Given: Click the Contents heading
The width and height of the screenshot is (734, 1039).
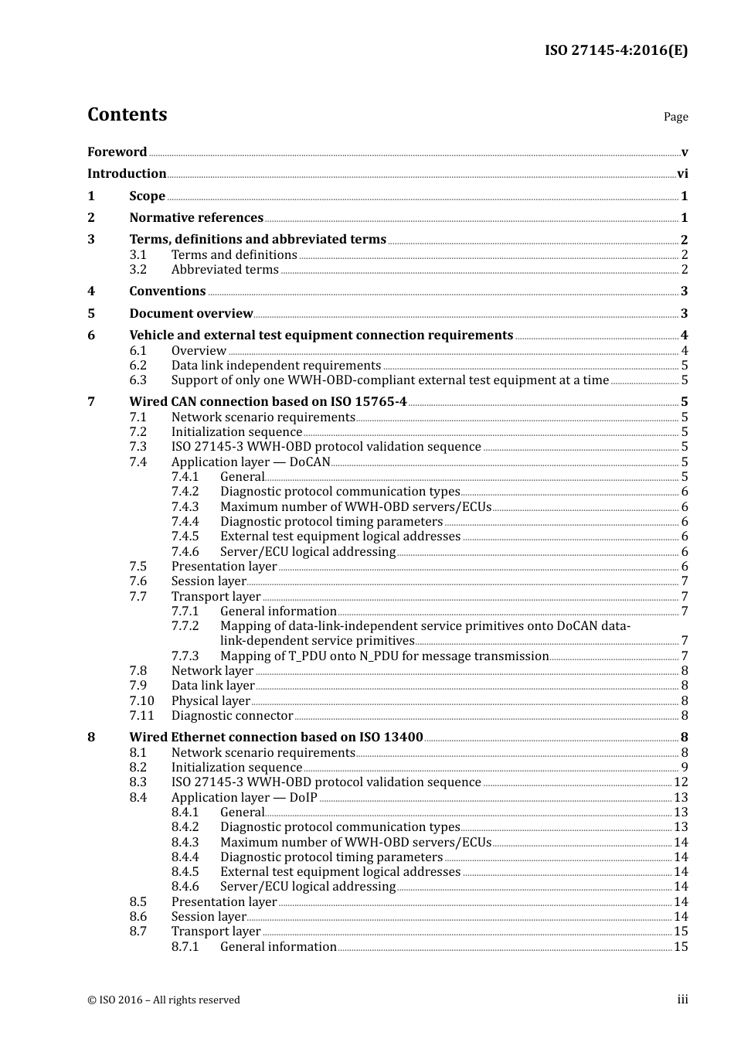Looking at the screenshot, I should [x=127, y=114].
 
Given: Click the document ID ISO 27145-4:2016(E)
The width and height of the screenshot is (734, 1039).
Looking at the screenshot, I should [x=616, y=50].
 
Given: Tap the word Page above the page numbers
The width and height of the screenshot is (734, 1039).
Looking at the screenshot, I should [x=675, y=117].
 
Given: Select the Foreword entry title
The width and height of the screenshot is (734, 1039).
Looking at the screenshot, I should [x=117, y=152].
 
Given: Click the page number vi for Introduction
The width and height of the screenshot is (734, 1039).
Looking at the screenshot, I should [x=682, y=174].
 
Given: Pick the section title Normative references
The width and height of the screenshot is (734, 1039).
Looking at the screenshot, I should [x=196, y=218].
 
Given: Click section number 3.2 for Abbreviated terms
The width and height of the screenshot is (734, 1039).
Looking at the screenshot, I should [x=138, y=270].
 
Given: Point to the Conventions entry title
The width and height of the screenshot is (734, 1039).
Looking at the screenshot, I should [x=167, y=291].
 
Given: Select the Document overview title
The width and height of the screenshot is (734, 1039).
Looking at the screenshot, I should [x=191, y=314].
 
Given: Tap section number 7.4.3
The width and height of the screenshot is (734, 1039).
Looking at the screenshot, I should [x=185, y=507].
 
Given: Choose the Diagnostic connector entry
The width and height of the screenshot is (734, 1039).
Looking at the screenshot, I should [x=232, y=716].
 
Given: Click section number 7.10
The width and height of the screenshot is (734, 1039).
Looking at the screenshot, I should [x=141, y=701].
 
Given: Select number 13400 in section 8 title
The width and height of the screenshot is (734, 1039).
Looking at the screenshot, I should [x=403, y=738].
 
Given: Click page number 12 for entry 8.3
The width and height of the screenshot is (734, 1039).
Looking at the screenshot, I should [x=681, y=782].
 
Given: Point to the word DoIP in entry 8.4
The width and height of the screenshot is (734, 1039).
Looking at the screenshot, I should [x=303, y=798].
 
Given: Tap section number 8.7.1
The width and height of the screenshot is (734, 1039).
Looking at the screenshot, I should [x=185, y=947].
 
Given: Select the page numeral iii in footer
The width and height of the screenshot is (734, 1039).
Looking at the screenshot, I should [x=682, y=1000].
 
